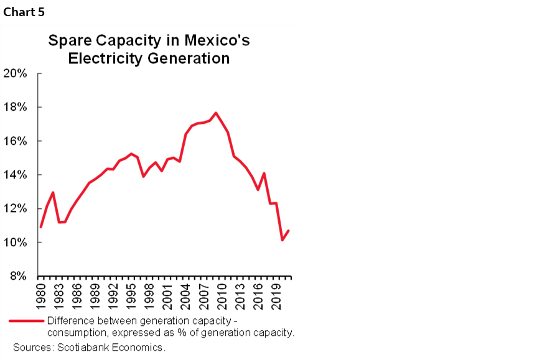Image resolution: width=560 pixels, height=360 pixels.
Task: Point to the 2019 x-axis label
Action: [276, 296]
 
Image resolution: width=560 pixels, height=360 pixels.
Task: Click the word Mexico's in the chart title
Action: [211, 42]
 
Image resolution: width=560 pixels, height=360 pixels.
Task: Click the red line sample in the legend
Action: [26, 321]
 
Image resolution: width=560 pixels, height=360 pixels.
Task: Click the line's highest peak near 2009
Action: [215, 113]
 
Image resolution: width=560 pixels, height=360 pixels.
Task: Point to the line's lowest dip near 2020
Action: [282, 240]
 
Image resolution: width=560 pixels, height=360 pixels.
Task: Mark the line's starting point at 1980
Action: [40, 227]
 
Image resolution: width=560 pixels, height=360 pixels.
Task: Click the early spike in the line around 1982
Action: [54, 192]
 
